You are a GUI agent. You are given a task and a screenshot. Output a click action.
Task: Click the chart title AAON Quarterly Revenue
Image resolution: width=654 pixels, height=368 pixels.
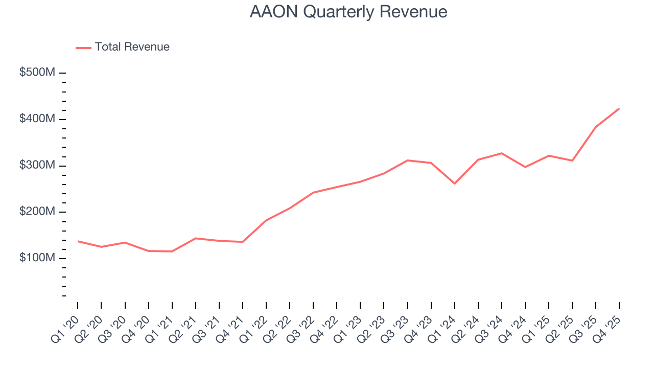coord(348,12)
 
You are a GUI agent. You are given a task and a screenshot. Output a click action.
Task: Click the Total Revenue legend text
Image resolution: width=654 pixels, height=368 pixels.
coord(132,47)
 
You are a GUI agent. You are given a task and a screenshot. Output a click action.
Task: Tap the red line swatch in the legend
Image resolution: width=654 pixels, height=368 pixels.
coord(83,48)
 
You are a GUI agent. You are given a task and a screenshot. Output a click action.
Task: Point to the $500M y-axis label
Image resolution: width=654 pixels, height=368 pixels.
coord(37,73)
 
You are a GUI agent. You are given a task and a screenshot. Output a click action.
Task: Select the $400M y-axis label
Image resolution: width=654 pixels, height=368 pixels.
coord(37,119)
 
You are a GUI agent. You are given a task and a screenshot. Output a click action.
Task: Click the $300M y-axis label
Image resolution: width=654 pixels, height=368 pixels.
coord(37,166)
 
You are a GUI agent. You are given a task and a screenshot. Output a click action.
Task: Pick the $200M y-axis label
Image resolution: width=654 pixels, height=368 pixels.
coord(37,212)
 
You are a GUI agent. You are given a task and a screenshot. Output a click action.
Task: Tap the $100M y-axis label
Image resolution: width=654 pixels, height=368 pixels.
coord(37,258)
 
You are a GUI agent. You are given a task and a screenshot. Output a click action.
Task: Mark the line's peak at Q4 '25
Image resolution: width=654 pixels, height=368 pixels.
coord(619,108)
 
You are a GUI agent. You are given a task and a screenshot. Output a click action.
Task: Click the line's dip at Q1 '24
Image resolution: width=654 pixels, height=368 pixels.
coord(454,183)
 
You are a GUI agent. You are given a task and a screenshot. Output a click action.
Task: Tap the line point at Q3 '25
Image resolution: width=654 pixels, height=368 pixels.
coord(596,127)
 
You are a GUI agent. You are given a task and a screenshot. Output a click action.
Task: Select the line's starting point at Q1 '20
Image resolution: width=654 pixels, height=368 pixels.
coord(78,241)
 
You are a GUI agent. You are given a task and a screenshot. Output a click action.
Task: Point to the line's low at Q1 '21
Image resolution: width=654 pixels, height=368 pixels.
coord(172,251)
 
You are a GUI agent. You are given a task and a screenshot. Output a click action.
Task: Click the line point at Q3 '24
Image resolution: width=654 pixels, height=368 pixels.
coord(502,153)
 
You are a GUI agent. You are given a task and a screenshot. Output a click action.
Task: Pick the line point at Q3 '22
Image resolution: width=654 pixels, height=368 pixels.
coord(313,193)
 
